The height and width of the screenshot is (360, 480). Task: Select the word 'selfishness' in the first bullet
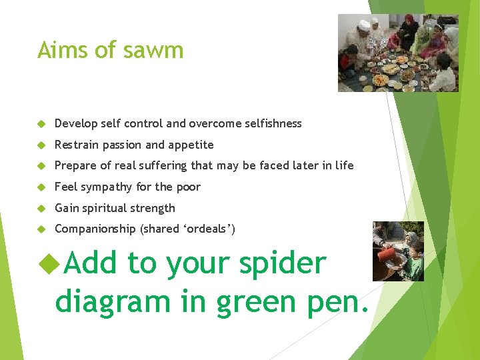pyautogui.click(x=273, y=123)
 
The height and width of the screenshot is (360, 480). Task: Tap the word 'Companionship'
pyautogui.click(x=95, y=229)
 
